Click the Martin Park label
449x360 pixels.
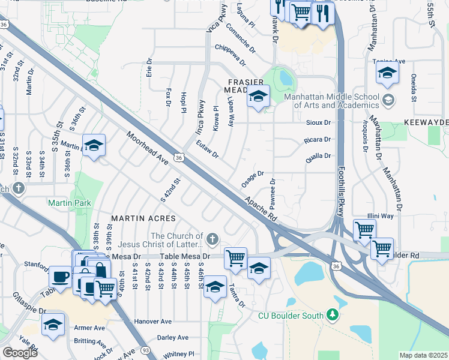[70, 203]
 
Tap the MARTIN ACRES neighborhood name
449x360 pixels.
[143, 218]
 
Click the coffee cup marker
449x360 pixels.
[60, 277]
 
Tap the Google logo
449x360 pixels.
[19, 353]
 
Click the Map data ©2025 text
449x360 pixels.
[423, 355]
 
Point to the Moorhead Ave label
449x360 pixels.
[148, 149]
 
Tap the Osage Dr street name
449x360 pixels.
[253, 178]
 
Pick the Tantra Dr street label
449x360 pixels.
[237, 295]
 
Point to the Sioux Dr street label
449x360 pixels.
[319, 122]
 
